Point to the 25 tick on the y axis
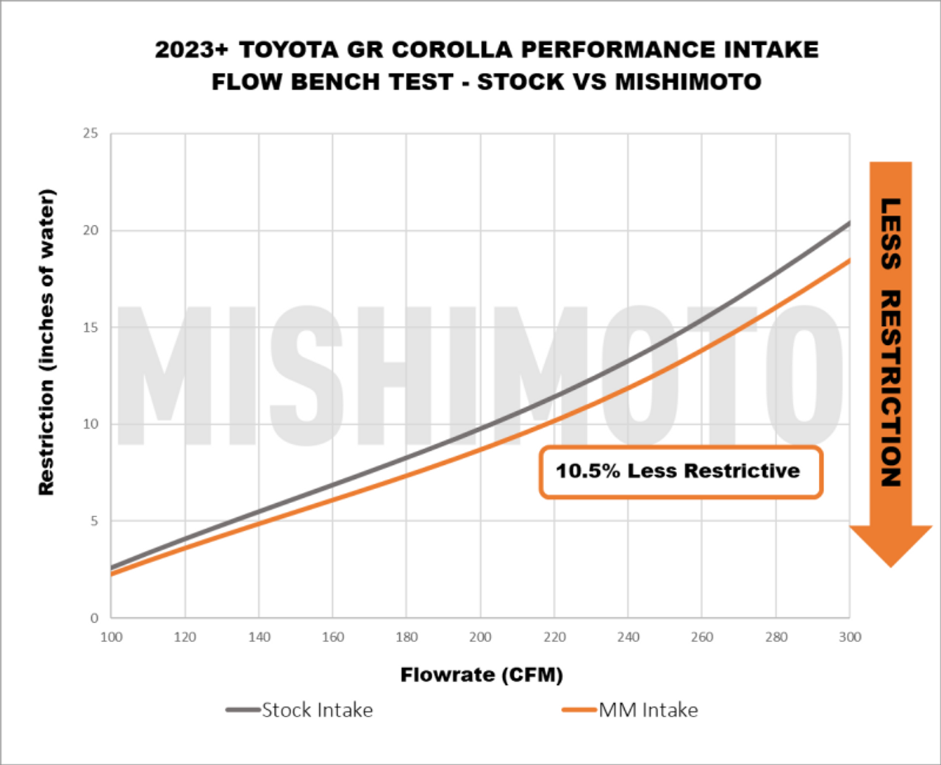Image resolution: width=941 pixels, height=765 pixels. click(90, 133)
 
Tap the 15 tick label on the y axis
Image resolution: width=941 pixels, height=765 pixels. click(90, 327)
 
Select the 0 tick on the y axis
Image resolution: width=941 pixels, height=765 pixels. click(94, 618)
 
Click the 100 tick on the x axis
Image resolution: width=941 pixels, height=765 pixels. click(111, 637)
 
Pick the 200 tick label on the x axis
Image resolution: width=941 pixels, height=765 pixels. click(480, 637)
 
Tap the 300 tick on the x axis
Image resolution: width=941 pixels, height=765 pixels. click(850, 637)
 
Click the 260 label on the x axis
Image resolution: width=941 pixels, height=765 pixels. click(702, 637)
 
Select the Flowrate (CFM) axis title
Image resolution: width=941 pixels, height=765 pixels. click(482, 675)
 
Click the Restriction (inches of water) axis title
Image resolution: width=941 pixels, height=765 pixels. click(46, 342)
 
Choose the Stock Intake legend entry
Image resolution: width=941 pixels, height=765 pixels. click(317, 710)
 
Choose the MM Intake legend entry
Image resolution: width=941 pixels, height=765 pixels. click(648, 710)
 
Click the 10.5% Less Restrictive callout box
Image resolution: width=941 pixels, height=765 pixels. click(680, 472)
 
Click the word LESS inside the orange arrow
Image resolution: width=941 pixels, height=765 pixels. click(891, 234)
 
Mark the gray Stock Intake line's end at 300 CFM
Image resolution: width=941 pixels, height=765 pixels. click(849, 223)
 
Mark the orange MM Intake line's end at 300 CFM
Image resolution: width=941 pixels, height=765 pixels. click(849, 260)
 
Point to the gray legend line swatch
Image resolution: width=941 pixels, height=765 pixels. click(243, 710)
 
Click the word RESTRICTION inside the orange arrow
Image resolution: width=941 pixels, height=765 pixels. click(891, 388)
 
